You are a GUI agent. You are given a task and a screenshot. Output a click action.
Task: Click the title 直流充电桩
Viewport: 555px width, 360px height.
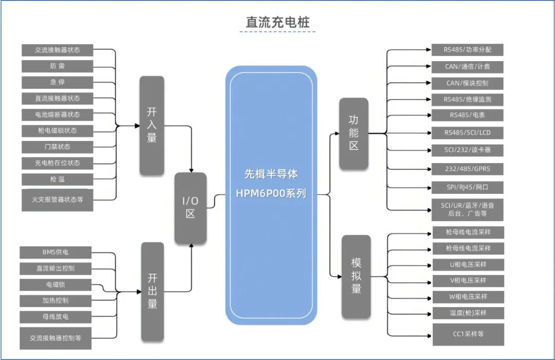click(x=277, y=23)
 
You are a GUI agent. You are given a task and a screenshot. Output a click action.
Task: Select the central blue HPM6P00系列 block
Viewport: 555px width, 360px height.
click(x=271, y=195)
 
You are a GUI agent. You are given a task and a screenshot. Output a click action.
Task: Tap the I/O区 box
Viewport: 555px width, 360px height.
click(x=191, y=208)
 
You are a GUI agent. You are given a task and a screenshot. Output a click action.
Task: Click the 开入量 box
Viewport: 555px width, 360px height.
click(x=152, y=125)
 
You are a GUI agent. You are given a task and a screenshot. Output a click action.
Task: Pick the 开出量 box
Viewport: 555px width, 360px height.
click(x=152, y=291)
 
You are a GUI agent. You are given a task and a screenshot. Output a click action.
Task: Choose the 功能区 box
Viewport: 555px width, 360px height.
click(x=354, y=133)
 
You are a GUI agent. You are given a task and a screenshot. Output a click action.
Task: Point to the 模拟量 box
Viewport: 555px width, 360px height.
click(x=356, y=276)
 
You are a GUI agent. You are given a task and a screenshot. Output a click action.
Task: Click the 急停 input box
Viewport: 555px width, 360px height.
click(x=58, y=82)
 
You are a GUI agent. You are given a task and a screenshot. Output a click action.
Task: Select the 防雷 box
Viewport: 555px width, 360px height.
click(x=58, y=66)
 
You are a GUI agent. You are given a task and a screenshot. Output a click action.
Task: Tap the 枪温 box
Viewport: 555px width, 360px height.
click(x=58, y=179)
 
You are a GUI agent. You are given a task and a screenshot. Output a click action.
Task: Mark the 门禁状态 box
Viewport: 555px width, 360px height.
click(x=58, y=147)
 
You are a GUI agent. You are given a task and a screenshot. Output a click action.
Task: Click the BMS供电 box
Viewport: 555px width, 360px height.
click(x=55, y=253)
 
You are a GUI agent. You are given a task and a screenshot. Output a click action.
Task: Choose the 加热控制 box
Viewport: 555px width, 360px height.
click(x=55, y=300)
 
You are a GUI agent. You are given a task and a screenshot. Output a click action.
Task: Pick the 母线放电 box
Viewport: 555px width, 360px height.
click(x=55, y=316)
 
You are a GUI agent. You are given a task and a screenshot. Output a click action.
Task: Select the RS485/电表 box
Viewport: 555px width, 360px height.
click(x=468, y=115)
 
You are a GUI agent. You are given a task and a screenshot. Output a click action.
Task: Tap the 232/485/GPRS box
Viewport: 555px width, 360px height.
click(x=468, y=169)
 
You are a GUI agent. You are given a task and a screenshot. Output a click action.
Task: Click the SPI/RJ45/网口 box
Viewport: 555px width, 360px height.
click(x=468, y=187)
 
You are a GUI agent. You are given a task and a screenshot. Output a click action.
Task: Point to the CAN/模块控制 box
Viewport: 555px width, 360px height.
click(x=468, y=83)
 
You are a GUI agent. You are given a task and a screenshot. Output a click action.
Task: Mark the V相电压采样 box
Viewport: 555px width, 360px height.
click(x=468, y=281)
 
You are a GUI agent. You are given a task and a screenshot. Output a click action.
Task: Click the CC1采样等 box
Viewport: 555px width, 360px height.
click(x=468, y=334)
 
